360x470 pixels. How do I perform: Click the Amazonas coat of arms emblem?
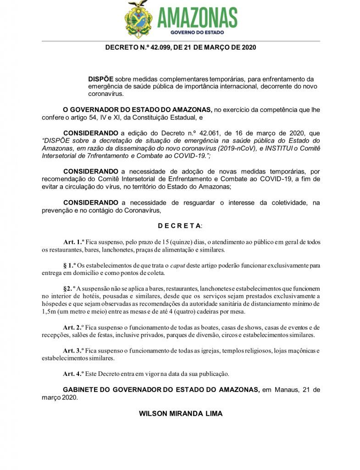(x=139, y=19)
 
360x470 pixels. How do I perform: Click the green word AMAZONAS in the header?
(x=197, y=18)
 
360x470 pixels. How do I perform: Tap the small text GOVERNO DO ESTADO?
(x=197, y=33)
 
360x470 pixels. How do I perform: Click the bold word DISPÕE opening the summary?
(x=101, y=79)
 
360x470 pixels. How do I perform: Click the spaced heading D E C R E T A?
(x=179, y=226)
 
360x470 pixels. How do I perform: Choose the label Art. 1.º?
(x=73, y=242)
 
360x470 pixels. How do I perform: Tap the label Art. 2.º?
(x=73, y=327)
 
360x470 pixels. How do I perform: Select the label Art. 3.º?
(x=73, y=351)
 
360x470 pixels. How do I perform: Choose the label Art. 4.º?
(x=73, y=373)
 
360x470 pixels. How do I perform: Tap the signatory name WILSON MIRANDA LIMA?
(x=181, y=414)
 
